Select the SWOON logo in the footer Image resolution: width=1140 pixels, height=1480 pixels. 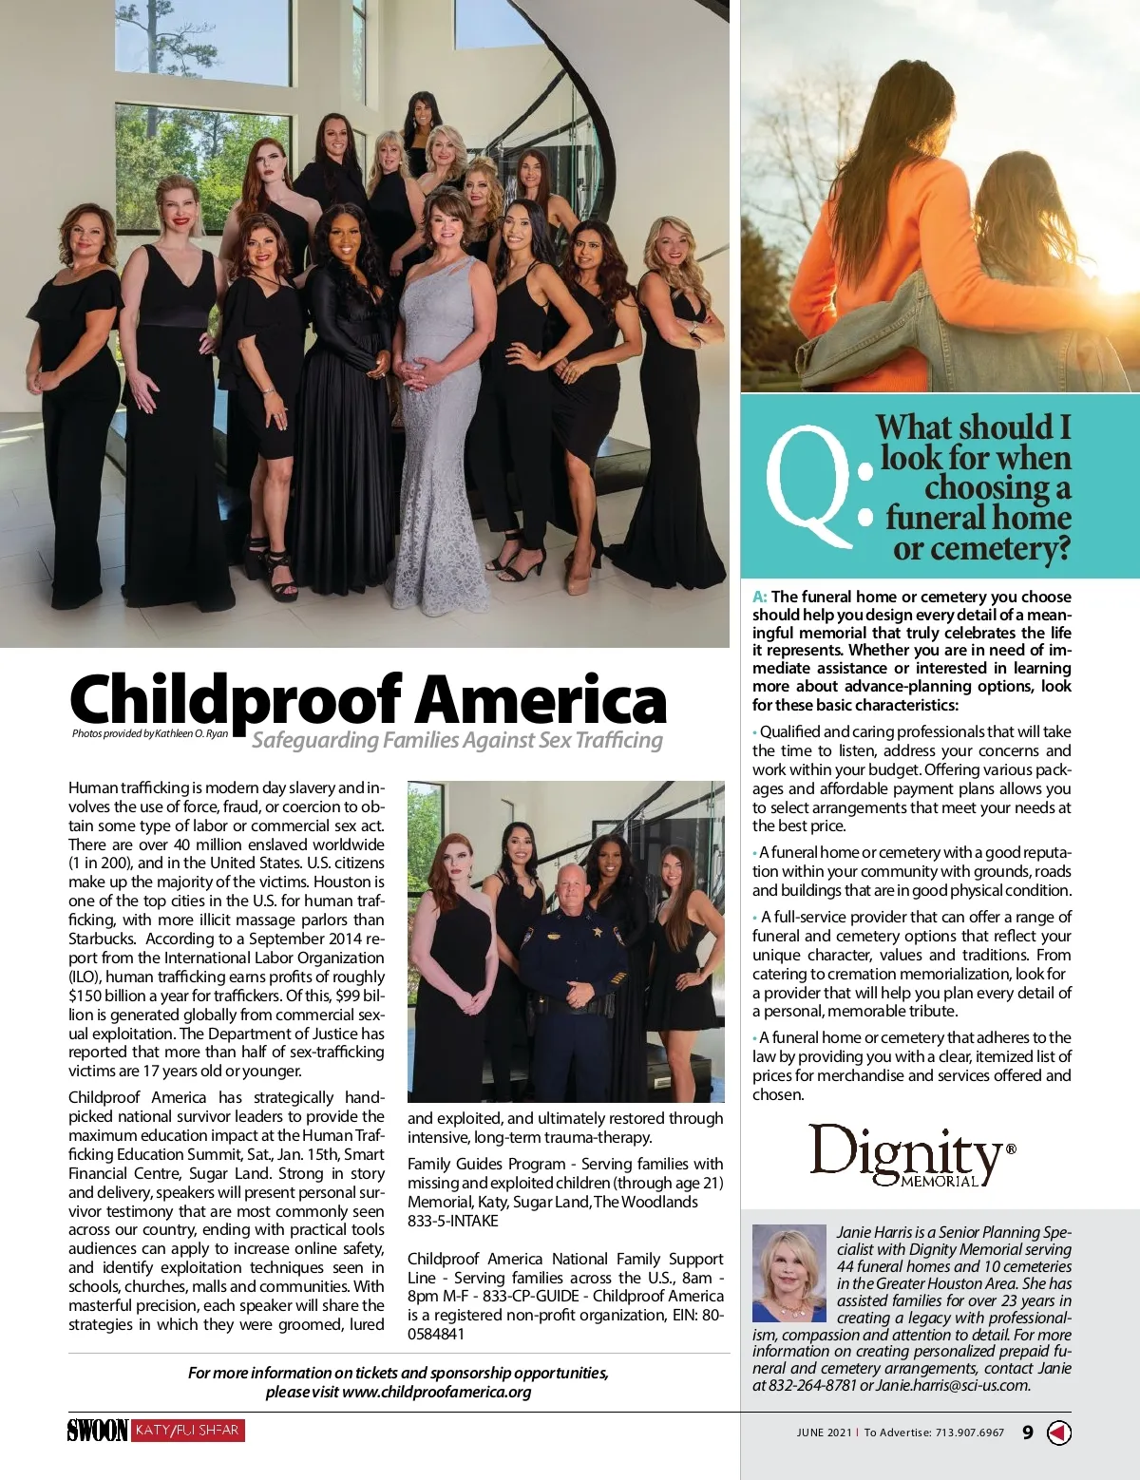[x=97, y=1431]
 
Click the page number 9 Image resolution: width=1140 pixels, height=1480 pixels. [x=1028, y=1433]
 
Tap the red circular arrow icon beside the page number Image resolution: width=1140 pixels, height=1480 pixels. [x=1058, y=1433]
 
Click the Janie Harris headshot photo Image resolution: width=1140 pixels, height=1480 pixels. [x=788, y=1273]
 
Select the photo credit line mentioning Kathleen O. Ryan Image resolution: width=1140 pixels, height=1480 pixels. [x=150, y=733]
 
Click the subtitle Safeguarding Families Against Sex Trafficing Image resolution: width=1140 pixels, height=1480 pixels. [x=457, y=740]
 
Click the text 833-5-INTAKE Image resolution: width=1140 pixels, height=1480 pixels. [x=452, y=1221]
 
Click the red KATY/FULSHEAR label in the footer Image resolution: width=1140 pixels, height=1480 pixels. [x=187, y=1431]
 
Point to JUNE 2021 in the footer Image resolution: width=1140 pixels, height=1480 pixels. [x=824, y=1433]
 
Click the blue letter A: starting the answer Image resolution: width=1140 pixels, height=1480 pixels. [x=760, y=597]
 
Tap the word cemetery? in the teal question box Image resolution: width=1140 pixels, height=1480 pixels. [x=981, y=549]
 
